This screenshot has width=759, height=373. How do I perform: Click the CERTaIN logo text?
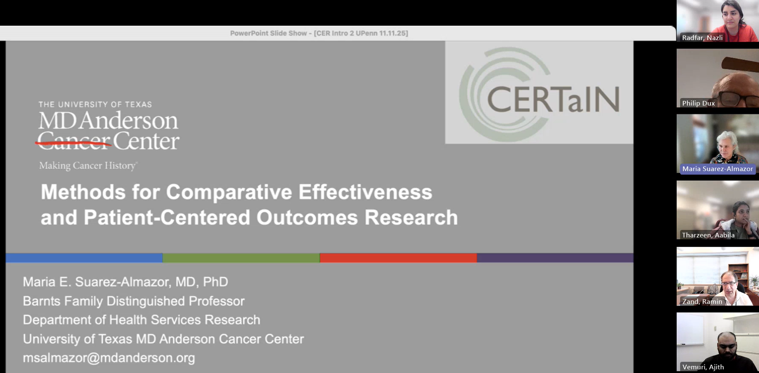point(553,99)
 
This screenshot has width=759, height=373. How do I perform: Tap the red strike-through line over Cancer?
point(73,144)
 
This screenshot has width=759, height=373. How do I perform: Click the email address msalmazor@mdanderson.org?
point(109,358)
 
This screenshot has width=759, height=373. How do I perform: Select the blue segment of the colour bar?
point(84,258)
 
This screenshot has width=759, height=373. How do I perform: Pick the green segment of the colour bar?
point(241,258)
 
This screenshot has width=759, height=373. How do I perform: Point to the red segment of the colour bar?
point(398,258)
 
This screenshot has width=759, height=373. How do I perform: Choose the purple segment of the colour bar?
point(555,258)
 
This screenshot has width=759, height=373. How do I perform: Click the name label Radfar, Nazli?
point(702,37)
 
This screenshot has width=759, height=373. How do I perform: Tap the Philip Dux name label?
point(699,103)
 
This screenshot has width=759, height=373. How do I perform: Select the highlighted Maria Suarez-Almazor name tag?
point(718,168)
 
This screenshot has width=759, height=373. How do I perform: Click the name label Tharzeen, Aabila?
point(708,235)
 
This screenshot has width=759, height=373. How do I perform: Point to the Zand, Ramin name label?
point(702,301)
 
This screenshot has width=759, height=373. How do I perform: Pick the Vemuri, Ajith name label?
point(703,367)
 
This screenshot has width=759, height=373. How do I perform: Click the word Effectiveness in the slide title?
point(365,192)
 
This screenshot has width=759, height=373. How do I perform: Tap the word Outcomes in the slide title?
point(307,217)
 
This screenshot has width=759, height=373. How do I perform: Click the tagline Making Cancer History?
point(88,165)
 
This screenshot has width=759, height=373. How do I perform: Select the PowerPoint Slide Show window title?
point(319,33)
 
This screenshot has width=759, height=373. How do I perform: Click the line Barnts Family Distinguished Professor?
point(133,301)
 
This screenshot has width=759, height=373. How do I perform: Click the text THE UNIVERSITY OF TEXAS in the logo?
point(95,104)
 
